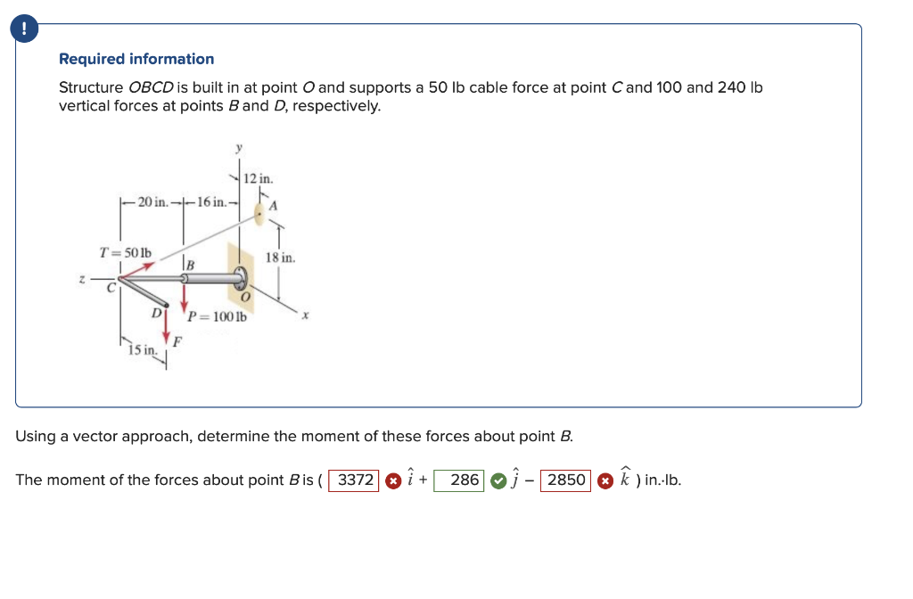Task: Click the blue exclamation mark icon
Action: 24,29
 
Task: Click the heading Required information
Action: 136,59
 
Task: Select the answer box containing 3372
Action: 355,480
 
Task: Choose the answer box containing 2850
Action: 565,480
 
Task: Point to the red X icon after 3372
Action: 391,480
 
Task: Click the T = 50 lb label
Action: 125,252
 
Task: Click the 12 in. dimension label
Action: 264,178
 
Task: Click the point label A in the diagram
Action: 274,206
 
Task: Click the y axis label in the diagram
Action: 237,146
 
